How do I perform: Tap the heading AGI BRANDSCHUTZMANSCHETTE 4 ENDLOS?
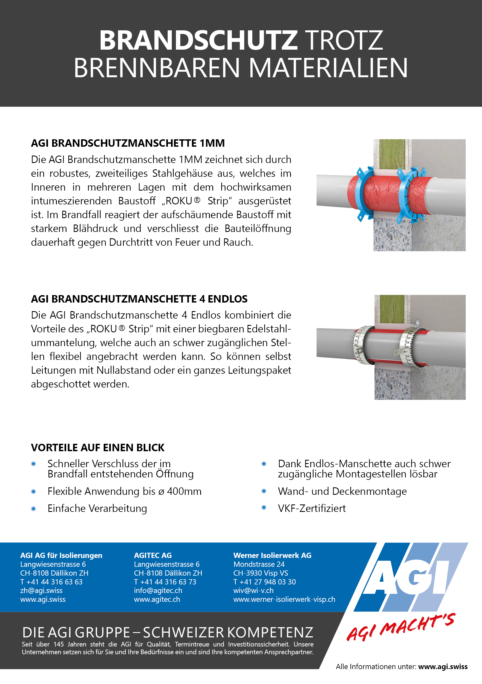point(139,299)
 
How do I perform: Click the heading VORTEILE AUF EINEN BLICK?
point(98,447)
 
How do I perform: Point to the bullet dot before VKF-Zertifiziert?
point(264,507)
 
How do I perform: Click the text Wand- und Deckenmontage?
point(342,491)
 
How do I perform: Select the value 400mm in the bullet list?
point(184,491)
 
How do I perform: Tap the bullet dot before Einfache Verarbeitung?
point(34,509)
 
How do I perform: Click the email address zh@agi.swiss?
point(41,591)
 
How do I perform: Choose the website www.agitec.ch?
point(157,599)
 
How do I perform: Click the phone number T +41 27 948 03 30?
point(264,582)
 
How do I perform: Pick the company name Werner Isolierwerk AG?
point(272,555)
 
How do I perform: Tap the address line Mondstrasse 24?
point(259,564)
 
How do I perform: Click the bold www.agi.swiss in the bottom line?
point(443,667)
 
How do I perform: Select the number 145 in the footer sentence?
point(59,644)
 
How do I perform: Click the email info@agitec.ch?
point(158,591)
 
